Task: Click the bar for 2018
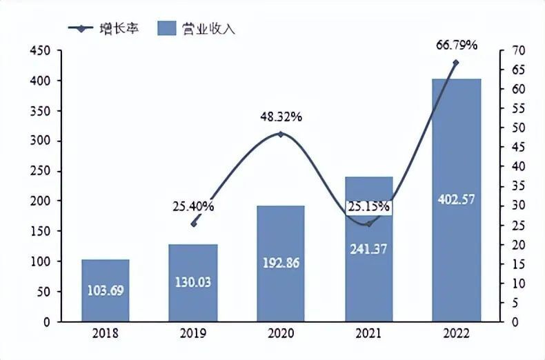click(x=106, y=290)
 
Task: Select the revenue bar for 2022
click(x=456, y=200)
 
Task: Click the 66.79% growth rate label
click(x=457, y=46)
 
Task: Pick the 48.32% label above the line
click(x=281, y=117)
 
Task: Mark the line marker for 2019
click(x=194, y=223)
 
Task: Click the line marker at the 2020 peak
click(x=281, y=134)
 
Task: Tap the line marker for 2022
click(x=456, y=63)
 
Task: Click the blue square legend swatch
click(x=167, y=28)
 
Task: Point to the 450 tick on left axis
click(x=40, y=51)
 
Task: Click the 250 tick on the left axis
click(x=40, y=171)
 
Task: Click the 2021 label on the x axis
click(x=368, y=334)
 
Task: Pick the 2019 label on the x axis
click(x=193, y=334)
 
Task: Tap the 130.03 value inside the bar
click(x=193, y=283)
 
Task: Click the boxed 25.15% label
click(x=368, y=206)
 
